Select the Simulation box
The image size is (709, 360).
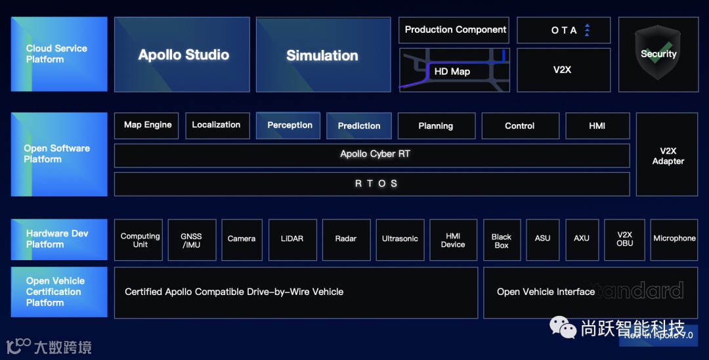pos(321,55)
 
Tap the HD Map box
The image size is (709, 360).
pos(454,70)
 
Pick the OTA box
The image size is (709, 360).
pos(564,30)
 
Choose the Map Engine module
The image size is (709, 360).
pos(148,125)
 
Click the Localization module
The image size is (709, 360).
pos(216,125)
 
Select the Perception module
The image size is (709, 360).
pos(289,125)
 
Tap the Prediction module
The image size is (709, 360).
pos(358,125)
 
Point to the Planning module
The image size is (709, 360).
pos(435,125)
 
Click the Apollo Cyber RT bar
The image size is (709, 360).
pos(372,155)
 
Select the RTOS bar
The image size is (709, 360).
pos(372,184)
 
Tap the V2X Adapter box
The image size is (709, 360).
pos(667,155)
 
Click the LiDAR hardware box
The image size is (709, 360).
pos(291,239)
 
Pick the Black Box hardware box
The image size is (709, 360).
pos(502,240)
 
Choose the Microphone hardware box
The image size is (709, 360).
pos(674,239)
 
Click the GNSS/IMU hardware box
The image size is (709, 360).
pos(190,240)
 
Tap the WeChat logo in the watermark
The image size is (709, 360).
pos(563,326)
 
